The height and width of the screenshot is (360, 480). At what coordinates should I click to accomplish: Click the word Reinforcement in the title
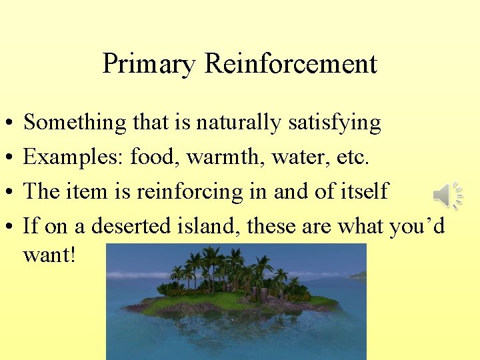pyautogui.click(x=291, y=64)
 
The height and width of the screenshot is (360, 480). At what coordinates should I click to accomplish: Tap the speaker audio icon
pyautogui.click(x=448, y=195)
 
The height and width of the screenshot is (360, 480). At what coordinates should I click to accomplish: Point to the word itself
pyautogui.click(x=363, y=192)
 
